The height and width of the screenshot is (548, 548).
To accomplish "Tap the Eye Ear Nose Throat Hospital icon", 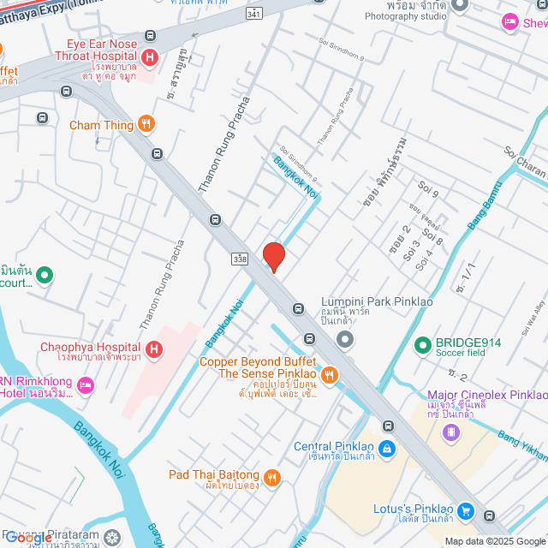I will click(x=151, y=58).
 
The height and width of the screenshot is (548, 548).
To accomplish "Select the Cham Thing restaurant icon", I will click(x=146, y=125).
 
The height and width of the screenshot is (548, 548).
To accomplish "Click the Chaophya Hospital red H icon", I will click(x=154, y=348).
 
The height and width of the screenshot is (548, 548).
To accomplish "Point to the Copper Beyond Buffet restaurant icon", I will click(x=329, y=374).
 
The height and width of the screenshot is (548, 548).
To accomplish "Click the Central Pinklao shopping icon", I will click(x=387, y=447).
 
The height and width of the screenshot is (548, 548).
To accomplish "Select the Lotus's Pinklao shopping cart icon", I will click(x=465, y=509).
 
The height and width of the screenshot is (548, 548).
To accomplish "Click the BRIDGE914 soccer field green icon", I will click(x=422, y=346).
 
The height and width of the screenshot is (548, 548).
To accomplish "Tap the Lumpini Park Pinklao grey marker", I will click(x=345, y=341).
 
